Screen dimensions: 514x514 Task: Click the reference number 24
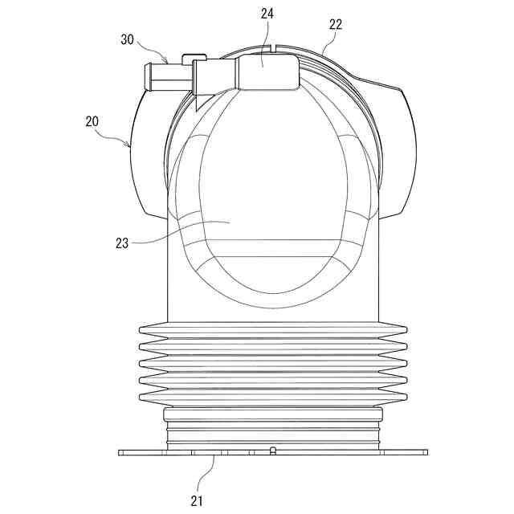click(267, 14)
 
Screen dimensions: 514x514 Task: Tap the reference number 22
click(336, 25)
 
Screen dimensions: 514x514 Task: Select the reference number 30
click(128, 39)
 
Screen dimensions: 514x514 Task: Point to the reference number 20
click(92, 121)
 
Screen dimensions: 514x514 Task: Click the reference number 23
click(122, 243)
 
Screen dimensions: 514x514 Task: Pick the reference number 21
click(197, 500)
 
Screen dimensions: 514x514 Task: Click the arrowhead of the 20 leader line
click(128, 144)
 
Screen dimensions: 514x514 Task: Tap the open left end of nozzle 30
click(148, 77)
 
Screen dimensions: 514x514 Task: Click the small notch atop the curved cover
click(273, 47)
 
